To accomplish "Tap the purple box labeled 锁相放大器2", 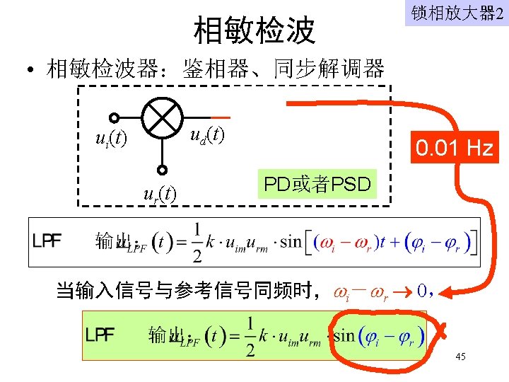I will (x=456, y=13).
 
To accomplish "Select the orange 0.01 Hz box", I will (x=455, y=148).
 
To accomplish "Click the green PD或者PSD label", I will (x=317, y=185).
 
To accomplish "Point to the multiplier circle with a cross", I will (x=162, y=117).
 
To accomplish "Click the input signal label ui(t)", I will (x=111, y=139).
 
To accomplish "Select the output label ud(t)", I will (x=206, y=134).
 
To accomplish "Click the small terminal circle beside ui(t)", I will (x=113, y=118).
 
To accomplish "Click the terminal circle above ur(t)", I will (x=162, y=170).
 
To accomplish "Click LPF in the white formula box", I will (x=47, y=241).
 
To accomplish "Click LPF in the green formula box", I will (x=100, y=333).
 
